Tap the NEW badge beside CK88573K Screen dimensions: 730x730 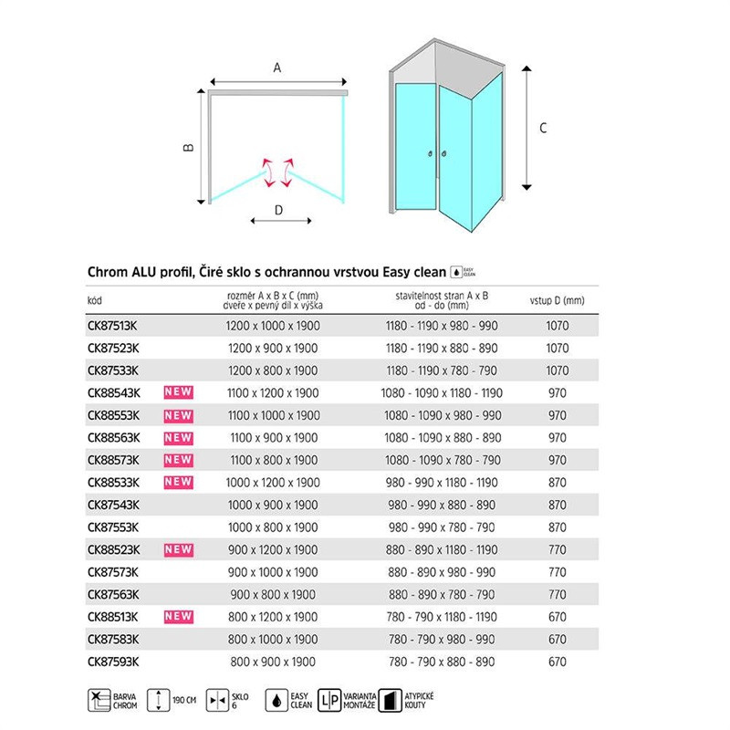[178, 460]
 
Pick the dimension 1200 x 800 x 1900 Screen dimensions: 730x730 [273, 370]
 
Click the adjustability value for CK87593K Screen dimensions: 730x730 [441, 662]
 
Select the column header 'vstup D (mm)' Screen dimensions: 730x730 [556, 300]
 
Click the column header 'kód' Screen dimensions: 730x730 [95, 300]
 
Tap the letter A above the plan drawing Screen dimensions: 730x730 [277, 67]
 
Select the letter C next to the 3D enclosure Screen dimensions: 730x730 [543, 129]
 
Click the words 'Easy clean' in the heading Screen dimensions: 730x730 [410, 272]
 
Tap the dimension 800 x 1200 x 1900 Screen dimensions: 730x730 [273, 617]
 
